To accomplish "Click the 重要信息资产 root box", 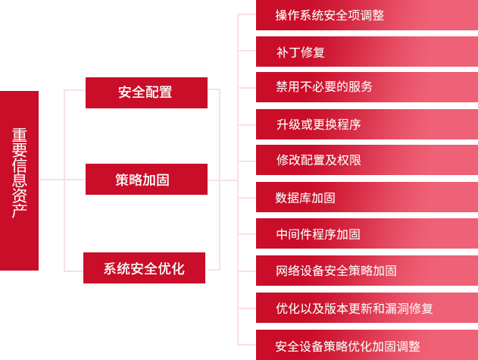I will [x=20, y=180].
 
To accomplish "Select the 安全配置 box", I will [x=145, y=92].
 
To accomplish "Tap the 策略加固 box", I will [x=145, y=180].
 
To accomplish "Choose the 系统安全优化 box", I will [x=144, y=268].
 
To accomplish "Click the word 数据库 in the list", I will [x=294, y=198].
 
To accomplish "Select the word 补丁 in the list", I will [x=288, y=52].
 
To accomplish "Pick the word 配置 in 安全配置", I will [x=159, y=92].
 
